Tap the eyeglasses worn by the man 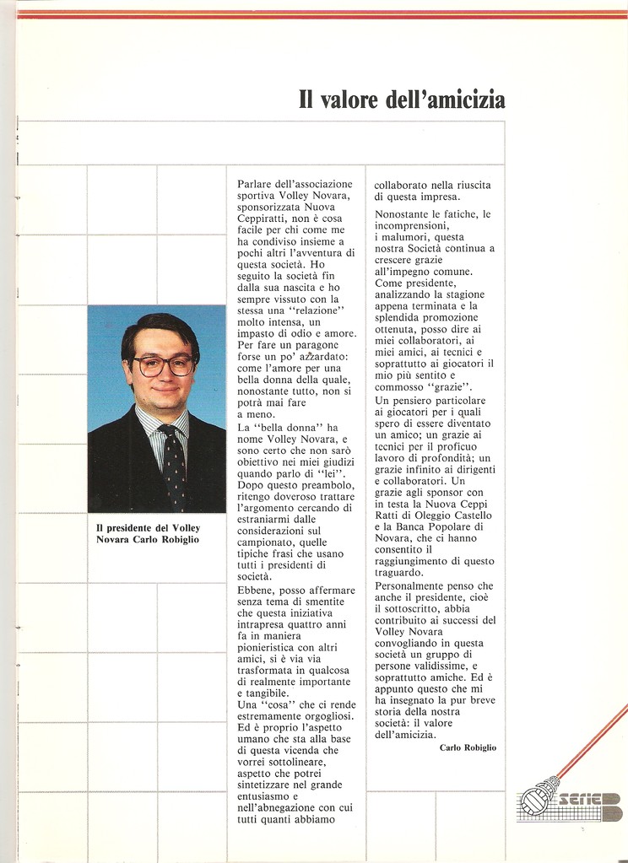pos(163,365)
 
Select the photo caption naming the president pos(148,533)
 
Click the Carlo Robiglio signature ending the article pos(468,747)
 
